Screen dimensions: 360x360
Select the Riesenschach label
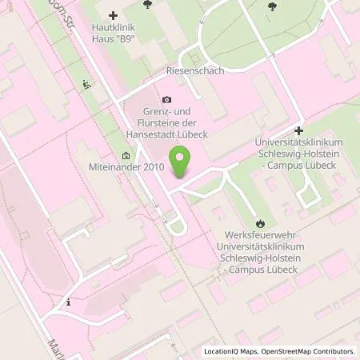(x=194, y=70)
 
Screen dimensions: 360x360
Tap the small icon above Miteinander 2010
(x=125, y=155)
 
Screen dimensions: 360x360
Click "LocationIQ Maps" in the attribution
(x=233, y=351)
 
